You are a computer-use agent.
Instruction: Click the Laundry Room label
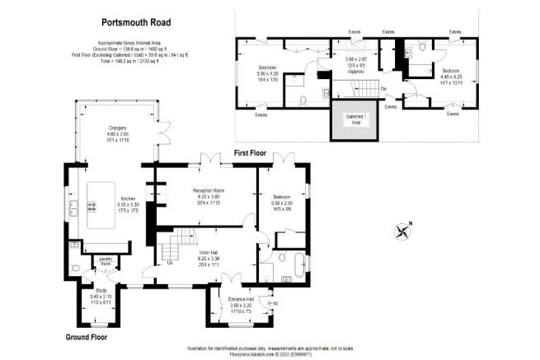pos(105,260)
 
